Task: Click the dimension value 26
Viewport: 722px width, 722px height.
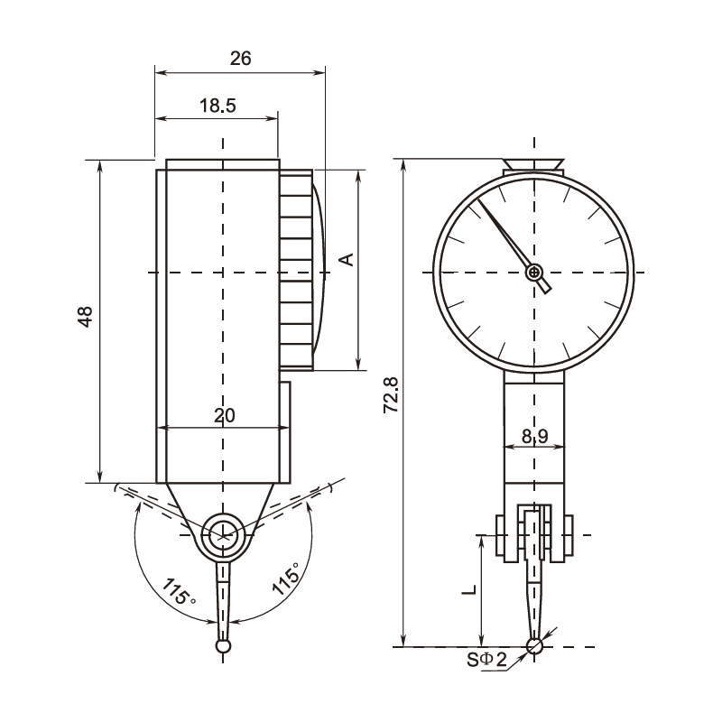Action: point(240,59)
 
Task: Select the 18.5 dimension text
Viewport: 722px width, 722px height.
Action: point(218,106)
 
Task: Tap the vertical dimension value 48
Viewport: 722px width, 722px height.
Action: point(86,317)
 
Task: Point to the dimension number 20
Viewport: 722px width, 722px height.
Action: point(224,415)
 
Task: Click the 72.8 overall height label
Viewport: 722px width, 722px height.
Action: point(391,394)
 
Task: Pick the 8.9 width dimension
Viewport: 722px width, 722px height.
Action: point(534,436)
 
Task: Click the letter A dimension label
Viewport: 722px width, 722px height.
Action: point(347,259)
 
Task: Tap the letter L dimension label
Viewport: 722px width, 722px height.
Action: point(469,590)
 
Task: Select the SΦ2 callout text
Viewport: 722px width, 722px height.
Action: point(486,660)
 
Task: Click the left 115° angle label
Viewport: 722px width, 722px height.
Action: point(179,591)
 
